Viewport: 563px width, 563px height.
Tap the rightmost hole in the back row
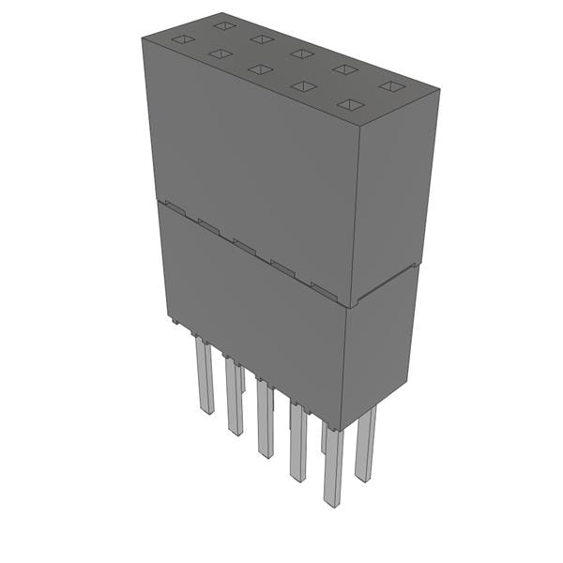[389, 86]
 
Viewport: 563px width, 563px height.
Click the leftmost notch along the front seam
[172, 204]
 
